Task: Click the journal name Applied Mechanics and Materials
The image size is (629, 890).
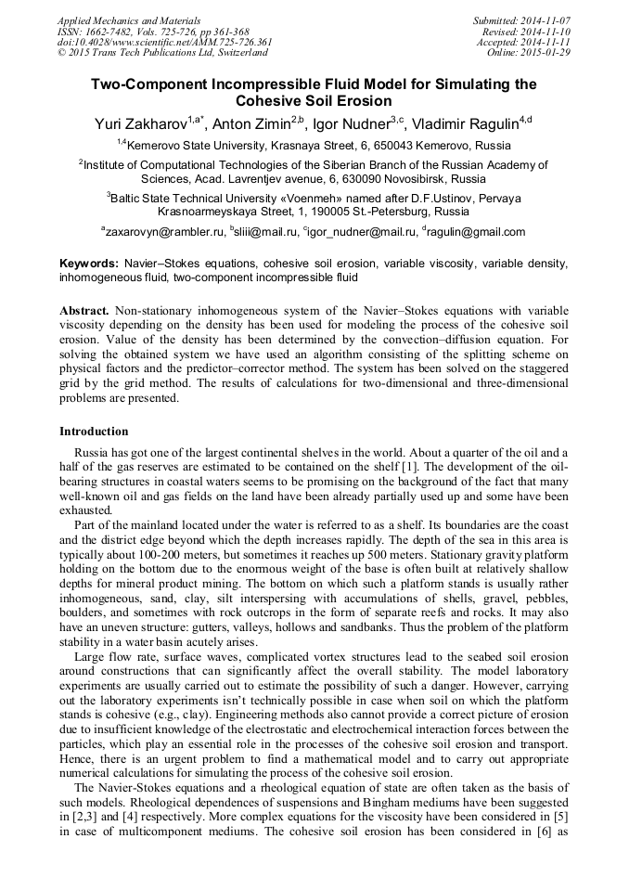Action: pos(129,19)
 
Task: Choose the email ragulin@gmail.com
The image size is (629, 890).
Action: pos(477,232)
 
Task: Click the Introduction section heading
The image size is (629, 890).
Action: pos(94,432)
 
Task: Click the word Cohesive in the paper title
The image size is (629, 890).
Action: pos(270,101)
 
